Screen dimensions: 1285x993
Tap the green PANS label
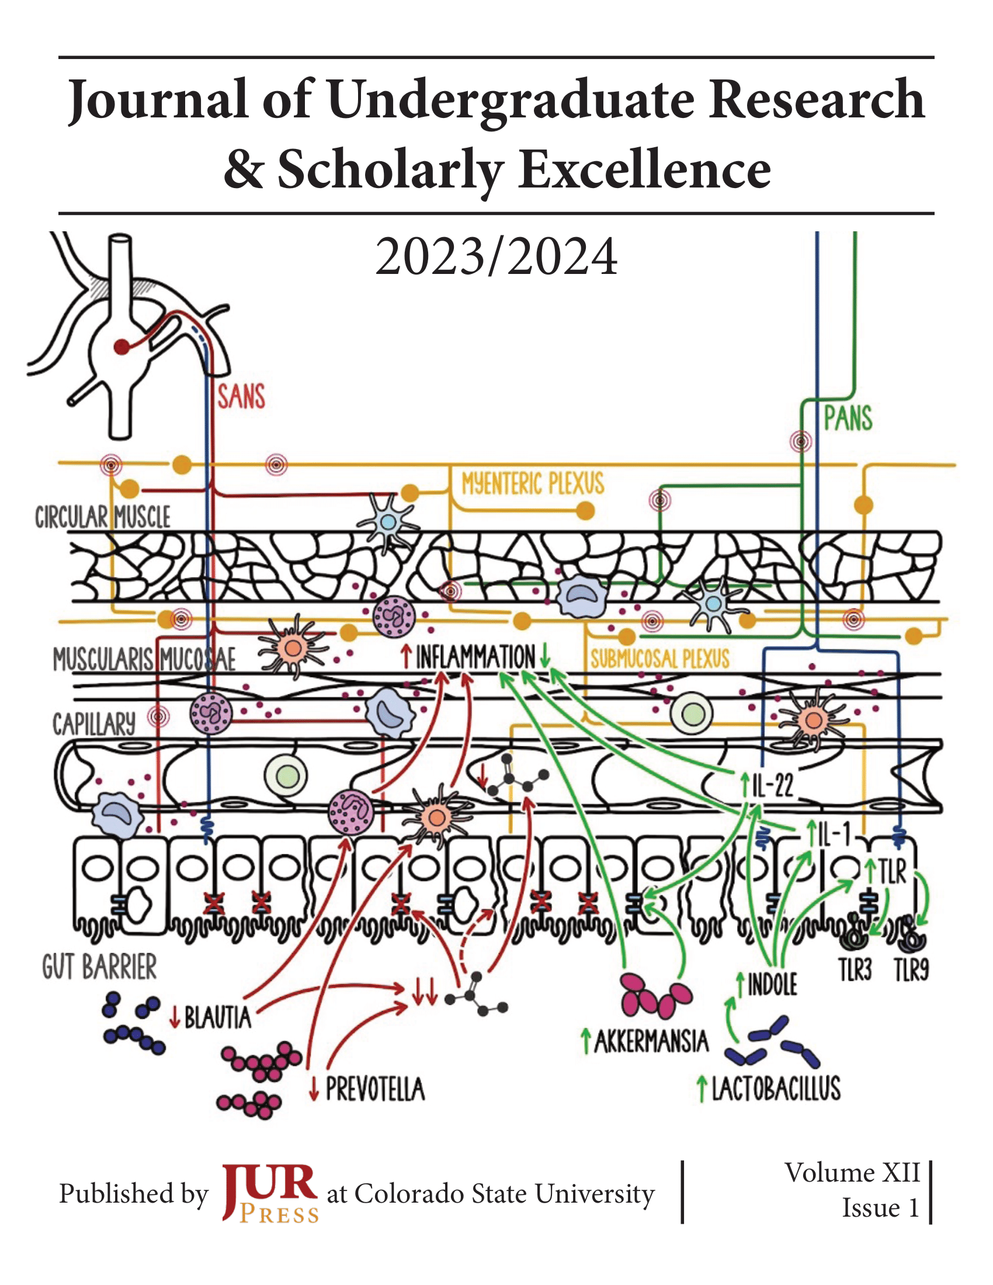[848, 419]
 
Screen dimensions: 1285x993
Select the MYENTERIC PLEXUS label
[532, 484]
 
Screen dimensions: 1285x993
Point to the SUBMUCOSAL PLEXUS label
[660, 659]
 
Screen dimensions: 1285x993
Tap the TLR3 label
[855, 970]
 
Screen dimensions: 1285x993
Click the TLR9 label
[911, 970]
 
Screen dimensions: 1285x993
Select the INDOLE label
[772, 985]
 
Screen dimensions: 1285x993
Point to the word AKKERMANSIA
[651, 1041]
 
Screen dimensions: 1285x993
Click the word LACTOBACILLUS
[776, 1089]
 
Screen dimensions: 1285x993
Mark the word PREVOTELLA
[376, 1089]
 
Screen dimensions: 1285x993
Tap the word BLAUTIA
[218, 1017]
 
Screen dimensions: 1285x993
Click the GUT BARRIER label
[99, 967]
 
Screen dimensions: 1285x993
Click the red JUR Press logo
[270, 1193]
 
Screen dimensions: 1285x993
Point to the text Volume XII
[852, 1173]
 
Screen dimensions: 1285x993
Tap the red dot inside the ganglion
[121, 347]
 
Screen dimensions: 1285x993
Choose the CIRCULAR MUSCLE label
[102, 517]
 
